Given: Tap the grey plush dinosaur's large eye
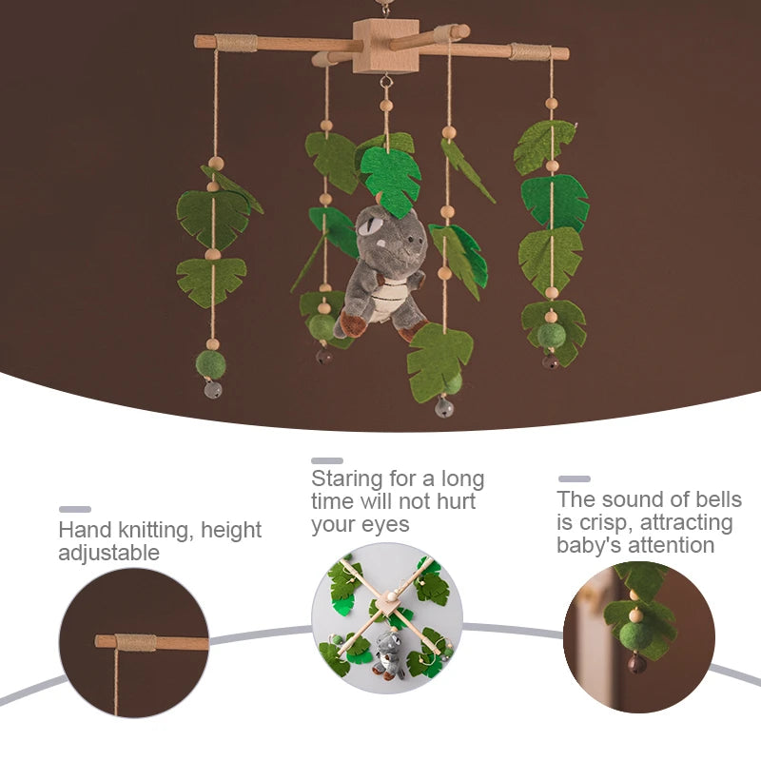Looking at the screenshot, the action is [369, 226].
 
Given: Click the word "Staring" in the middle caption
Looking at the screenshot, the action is [347, 479].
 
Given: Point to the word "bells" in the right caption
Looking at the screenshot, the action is [719, 498].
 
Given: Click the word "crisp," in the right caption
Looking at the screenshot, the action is [606, 522].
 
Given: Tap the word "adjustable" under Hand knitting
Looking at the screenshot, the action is [109, 553].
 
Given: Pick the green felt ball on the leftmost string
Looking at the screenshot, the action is [210, 364].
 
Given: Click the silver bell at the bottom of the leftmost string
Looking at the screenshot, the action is [213, 389].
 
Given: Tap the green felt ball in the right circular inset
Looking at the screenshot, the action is [636, 638].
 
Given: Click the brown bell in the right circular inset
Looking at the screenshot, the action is [637, 664].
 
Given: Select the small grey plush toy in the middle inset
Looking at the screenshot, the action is [389, 655].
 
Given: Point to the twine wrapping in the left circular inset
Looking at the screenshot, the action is [136, 642].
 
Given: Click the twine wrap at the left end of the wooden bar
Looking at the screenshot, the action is [236, 43].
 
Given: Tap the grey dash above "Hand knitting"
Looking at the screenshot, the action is [75, 509].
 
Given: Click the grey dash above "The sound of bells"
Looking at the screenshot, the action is [575, 478].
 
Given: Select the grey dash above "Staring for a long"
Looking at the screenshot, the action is [327, 460].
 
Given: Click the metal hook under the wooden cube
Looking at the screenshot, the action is [386, 80].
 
